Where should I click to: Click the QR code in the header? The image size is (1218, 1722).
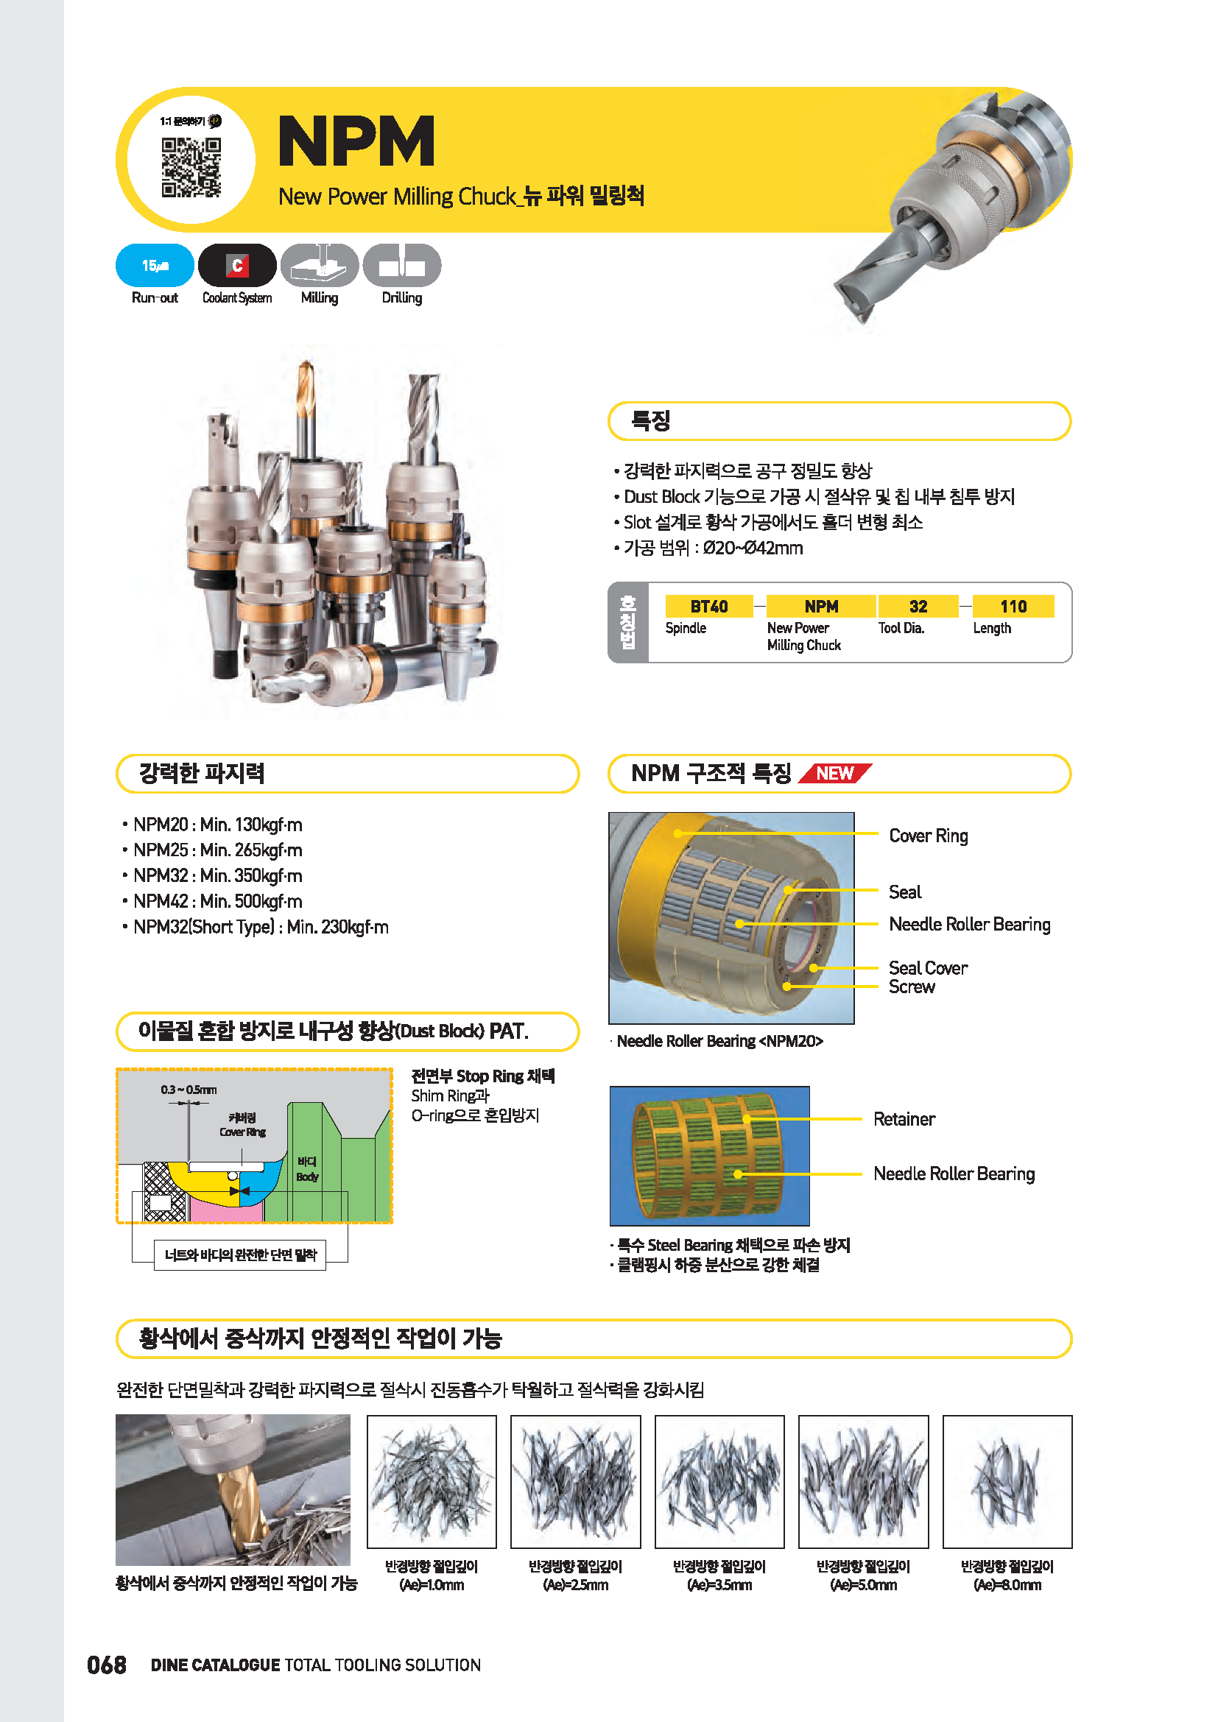191,167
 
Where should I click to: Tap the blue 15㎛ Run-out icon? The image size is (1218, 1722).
155,266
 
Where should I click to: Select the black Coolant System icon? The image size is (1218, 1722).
237,266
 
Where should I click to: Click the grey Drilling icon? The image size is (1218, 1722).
401,266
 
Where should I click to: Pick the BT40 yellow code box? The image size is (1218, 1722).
708,606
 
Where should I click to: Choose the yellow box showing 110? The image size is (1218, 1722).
1013,606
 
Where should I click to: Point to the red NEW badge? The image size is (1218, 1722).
835,773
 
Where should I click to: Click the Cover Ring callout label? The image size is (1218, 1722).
928,836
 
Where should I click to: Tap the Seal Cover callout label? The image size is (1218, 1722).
928,967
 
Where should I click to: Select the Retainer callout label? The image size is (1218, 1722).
904,1119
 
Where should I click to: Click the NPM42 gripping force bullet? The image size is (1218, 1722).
217,900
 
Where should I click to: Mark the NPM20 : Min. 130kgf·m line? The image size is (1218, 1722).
217,825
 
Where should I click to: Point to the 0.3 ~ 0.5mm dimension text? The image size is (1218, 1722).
189,1090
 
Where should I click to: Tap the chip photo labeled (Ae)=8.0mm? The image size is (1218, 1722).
1007,1481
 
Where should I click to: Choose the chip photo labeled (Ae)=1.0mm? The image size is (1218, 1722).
432,1481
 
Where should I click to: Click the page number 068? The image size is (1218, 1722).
107,1665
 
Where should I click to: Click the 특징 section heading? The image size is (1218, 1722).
650,421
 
